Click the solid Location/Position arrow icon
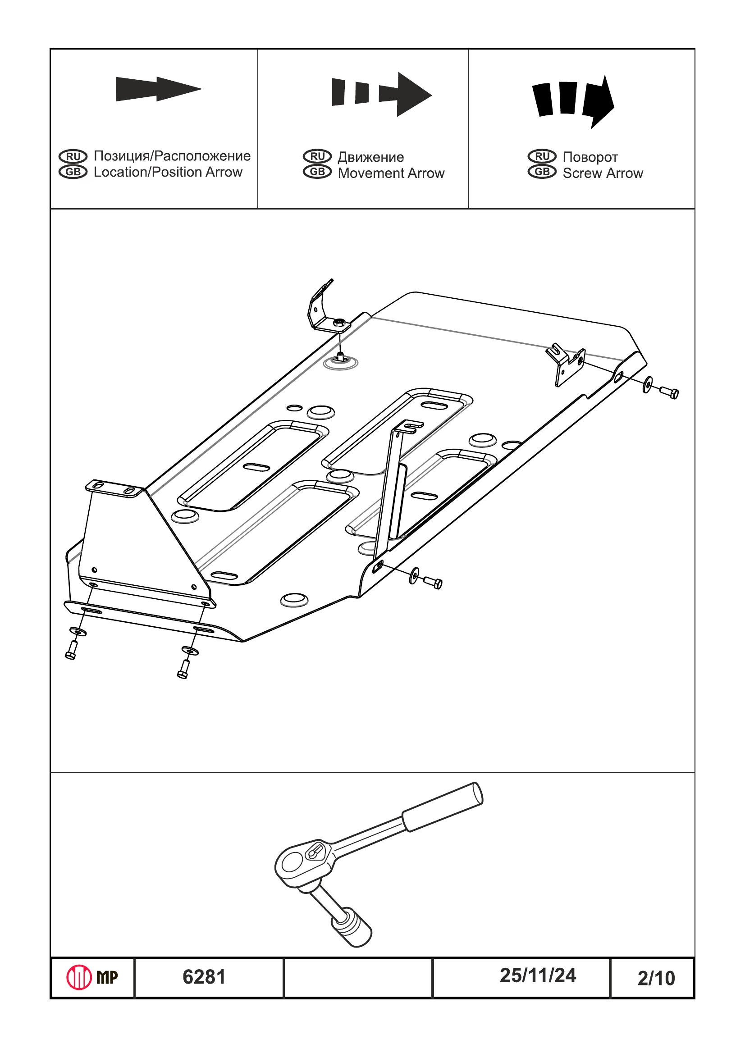tap(158, 88)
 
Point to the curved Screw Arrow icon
tap(573, 100)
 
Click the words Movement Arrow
tap(391, 173)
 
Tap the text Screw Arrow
tap(602, 173)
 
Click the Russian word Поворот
tap(590, 157)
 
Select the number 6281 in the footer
tap(204, 977)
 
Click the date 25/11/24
tap(538, 976)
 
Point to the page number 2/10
tap(656, 978)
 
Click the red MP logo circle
tap(79, 977)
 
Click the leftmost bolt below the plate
tap(71, 649)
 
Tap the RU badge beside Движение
tap(317, 156)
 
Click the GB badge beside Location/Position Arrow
tap(73, 172)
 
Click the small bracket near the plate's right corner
tap(565, 365)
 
